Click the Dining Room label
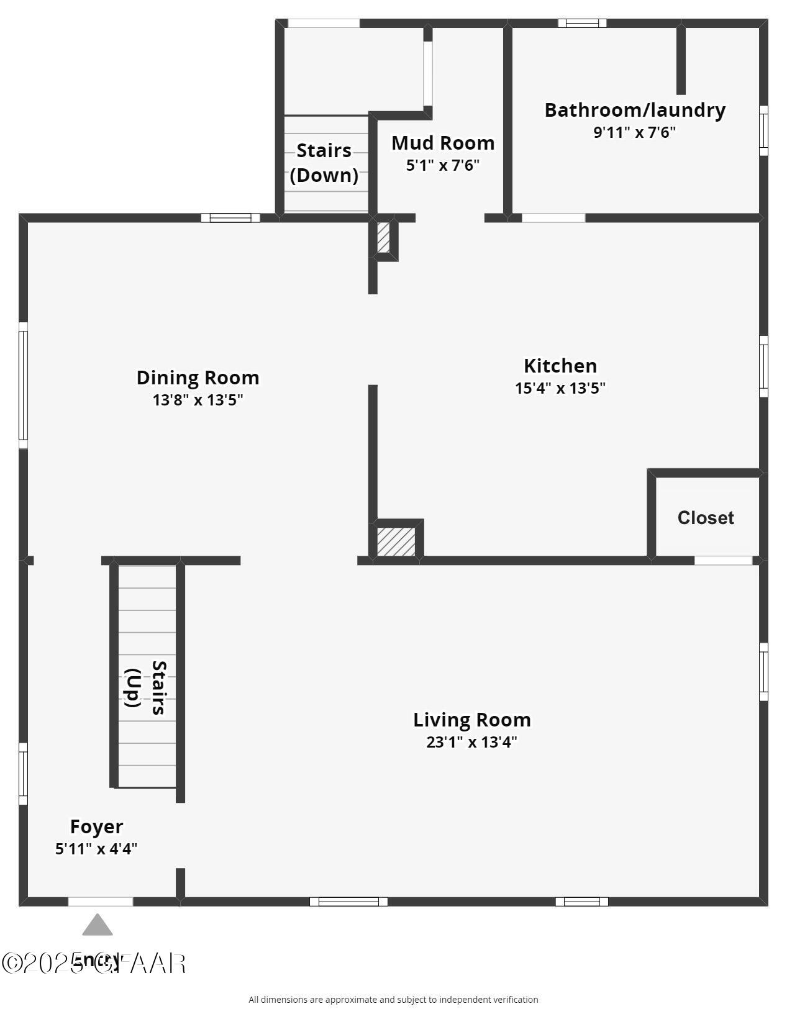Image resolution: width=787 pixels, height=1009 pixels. tap(198, 378)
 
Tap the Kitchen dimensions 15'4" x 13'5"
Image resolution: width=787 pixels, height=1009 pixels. tap(560, 388)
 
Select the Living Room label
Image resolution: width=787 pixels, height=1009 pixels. tap(472, 720)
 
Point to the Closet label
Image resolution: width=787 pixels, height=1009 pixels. tap(706, 518)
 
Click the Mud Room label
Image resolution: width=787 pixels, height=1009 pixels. tap(443, 143)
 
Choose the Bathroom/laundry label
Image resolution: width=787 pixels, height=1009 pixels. tap(635, 110)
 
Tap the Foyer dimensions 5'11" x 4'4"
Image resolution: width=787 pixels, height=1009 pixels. tap(96, 849)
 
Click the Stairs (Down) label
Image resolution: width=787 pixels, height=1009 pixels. tap(324, 163)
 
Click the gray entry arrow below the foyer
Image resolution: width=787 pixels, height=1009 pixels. tap(98, 925)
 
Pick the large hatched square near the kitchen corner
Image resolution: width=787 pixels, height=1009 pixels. tap(396, 541)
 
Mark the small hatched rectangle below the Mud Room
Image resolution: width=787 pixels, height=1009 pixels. tap(383, 237)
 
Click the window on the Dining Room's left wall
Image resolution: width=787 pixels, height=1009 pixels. tap(23, 385)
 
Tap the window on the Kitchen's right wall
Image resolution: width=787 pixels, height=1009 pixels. tap(763, 366)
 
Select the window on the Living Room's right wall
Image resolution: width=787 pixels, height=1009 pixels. tap(763, 672)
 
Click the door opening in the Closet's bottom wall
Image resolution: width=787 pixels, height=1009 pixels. tap(723, 561)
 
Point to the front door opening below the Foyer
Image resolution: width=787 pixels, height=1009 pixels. tap(100, 902)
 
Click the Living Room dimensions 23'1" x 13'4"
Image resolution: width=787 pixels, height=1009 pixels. tap(472, 742)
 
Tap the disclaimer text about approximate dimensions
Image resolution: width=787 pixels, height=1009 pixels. tap(393, 1000)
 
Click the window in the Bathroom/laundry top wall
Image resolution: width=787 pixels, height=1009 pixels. tap(582, 24)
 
